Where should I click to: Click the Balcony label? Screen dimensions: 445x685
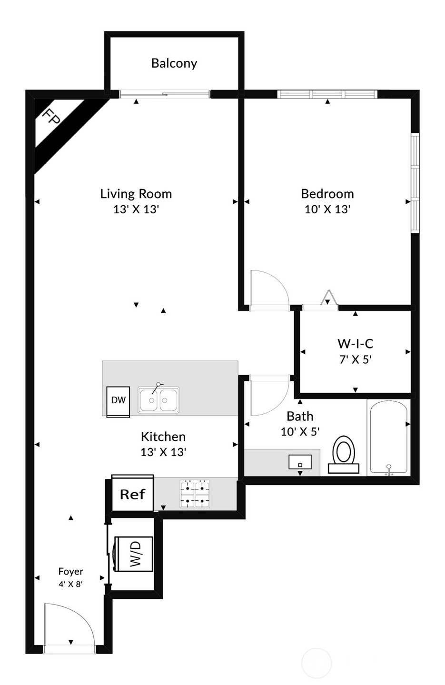tap(174, 64)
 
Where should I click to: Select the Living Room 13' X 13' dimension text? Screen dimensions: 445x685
tap(136, 209)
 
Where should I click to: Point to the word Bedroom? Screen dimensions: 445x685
tap(327, 194)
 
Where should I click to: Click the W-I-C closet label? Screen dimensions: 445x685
tap(356, 344)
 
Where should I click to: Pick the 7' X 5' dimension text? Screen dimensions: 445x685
tap(356, 359)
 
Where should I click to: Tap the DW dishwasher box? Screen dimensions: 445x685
tap(118, 402)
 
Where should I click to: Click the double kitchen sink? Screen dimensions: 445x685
tap(158, 399)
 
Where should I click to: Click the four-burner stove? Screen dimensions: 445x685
tap(195, 494)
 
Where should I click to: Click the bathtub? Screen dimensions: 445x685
tap(389, 438)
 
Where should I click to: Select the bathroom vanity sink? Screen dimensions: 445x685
tap(300, 462)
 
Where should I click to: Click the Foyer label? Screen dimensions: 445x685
tap(70, 572)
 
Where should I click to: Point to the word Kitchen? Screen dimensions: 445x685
tap(163, 437)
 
